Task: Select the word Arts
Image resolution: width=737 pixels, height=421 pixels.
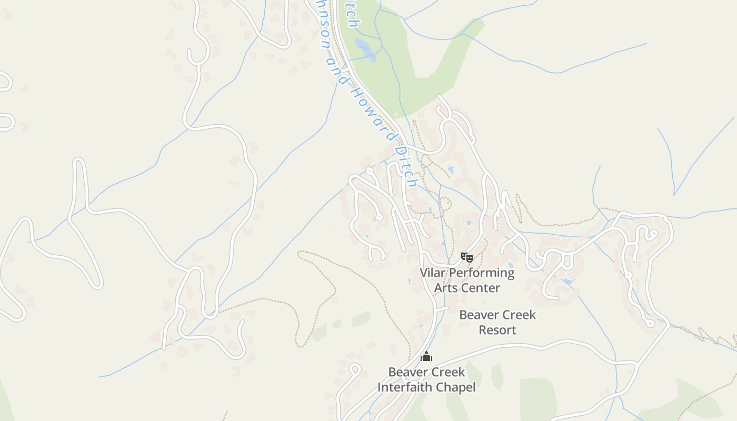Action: click(446, 288)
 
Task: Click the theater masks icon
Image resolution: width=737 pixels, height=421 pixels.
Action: click(466, 257)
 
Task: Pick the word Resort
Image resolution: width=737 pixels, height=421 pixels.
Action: click(497, 330)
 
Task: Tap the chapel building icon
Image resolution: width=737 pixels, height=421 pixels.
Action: click(426, 357)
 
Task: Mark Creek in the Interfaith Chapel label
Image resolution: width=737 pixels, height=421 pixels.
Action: click(447, 372)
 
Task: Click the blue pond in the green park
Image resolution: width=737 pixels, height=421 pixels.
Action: click(365, 49)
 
